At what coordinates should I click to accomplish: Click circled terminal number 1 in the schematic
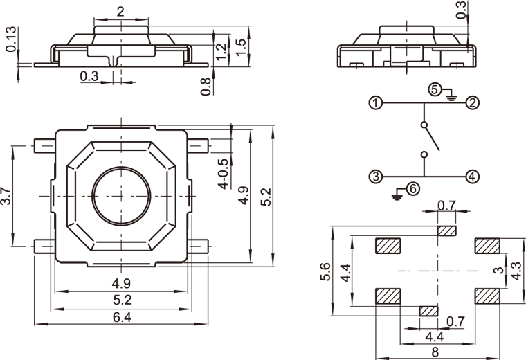coord(375,104)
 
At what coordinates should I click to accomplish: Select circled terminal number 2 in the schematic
coord(473,103)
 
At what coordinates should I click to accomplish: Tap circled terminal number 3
coord(375,177)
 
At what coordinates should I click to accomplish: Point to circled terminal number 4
coord(472,177)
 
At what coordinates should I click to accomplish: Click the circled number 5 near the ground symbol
coord(435,90)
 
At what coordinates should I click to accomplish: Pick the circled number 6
coord(413,188)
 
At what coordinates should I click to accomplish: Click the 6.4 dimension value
coord(121,317)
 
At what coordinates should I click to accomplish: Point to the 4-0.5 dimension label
coord(223,173)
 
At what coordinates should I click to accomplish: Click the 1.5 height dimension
coord(241,46)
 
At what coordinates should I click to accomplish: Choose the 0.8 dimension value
coord(206,87)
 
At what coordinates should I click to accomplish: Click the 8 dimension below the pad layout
coord(435,352)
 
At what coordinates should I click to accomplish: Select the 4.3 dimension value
coord(516,270)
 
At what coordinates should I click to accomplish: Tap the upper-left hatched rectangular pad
coord(388,246)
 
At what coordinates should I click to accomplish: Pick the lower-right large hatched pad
coord(488,296)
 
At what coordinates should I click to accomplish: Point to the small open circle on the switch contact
coord(424,126)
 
